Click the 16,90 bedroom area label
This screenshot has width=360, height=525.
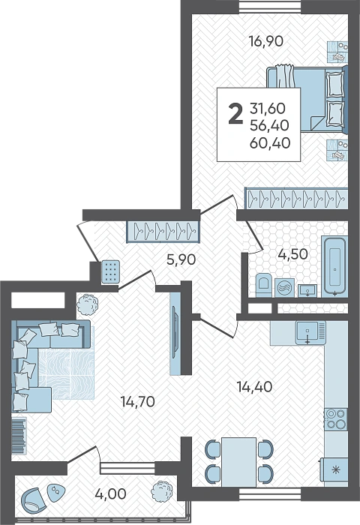coord(266,41)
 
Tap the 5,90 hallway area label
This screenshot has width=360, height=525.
coord(181,259)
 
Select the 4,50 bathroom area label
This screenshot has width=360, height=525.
coord(292,254)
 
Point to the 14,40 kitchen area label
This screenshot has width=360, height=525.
coord(254,387)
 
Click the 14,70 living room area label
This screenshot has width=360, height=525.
coord(138,401)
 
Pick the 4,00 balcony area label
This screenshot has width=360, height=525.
coord(110,493)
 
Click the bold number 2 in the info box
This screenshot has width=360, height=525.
coord(235,113)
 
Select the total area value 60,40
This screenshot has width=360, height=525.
coord(270,143)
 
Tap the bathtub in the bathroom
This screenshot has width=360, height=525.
coord(334,266)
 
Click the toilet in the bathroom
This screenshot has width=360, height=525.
coord(265,286)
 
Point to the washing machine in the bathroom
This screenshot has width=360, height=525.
coord(285,288)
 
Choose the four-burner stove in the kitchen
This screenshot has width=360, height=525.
coord(336,418)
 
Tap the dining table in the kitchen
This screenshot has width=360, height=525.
coord(238,462)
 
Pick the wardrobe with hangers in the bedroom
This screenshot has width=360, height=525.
coord(296,199)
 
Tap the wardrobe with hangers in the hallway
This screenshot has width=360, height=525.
coord(163,231)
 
